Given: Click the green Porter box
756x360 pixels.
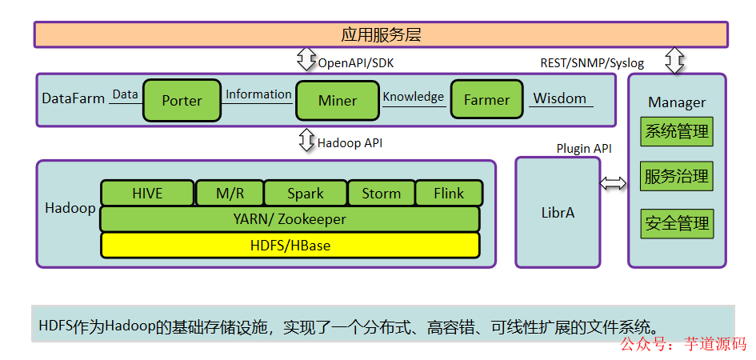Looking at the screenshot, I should tap(182, 101).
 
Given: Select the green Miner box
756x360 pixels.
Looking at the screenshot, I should tap(337, 101).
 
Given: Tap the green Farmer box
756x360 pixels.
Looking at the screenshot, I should tap(486, 100).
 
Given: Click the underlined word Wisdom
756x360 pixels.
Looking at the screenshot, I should tap(560, 98).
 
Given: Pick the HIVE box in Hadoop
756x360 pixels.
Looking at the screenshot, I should tap(147, 194).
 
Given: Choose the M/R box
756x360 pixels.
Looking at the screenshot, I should tap(230, 194).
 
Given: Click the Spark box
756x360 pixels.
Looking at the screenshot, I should tap(305, 194).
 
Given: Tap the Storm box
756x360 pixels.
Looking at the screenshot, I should tap(381, 194).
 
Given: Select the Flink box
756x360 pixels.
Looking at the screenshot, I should tap(449, 194).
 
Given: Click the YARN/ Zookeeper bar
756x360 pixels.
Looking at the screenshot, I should tap(289, 218).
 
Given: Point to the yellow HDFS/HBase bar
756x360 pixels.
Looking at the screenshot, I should tap(290, 245).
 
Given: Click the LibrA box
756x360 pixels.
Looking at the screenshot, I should tap(558, 213).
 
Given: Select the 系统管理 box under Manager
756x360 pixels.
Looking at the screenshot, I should tap(677, 132).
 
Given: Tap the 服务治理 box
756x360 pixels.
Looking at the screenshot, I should tap(677, 177).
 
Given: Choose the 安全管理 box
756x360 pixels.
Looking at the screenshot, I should tap(677, 223).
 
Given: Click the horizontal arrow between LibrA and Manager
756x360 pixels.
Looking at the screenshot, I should tap(614, 183).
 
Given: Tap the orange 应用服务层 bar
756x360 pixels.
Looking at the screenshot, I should tap(381, 35).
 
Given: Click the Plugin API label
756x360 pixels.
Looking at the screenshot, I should tap(584, 149).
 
